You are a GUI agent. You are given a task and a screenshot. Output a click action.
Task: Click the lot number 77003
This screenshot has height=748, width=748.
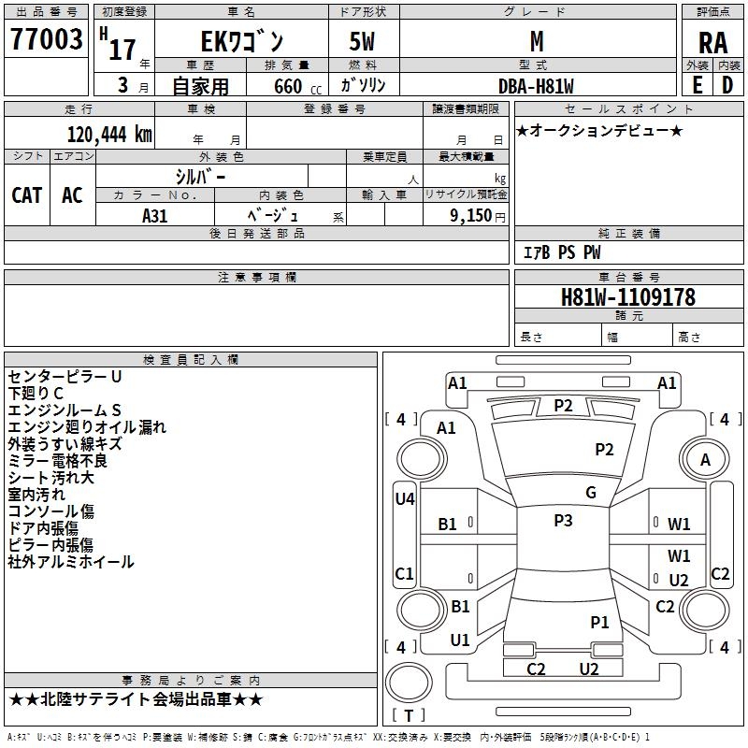[46, 39]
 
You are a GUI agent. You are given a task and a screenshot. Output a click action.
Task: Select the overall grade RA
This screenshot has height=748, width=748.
[712, 43]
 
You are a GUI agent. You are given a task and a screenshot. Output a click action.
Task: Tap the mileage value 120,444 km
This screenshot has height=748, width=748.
[109, 135]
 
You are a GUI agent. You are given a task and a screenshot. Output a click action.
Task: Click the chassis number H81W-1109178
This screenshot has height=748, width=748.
[628, 297]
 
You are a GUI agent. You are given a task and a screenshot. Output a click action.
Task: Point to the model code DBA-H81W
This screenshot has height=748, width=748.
[536, 86]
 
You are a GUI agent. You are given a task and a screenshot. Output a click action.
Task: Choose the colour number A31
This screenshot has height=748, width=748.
[154, 216]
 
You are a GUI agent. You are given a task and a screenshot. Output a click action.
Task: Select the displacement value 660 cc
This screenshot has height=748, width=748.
[297, 87]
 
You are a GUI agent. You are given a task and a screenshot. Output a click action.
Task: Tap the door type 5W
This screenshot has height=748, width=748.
[362, 41]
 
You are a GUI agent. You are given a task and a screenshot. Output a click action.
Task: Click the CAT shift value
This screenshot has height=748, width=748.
[27, 195]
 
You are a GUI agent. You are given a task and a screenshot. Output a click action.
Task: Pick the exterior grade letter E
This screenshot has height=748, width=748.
[698, 85]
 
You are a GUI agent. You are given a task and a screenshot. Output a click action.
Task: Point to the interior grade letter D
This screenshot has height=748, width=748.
[727, 85]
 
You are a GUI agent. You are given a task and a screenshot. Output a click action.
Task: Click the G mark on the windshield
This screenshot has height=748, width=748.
[591, 493]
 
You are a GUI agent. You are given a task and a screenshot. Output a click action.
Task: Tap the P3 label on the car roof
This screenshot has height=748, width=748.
[563, 521]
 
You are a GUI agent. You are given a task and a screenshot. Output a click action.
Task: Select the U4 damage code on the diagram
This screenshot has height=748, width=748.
[405, 499]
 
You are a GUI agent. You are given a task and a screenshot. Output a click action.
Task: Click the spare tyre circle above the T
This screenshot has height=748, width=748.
[409, 683]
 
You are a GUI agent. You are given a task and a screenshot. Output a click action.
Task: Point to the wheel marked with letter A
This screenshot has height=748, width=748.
[705, 460]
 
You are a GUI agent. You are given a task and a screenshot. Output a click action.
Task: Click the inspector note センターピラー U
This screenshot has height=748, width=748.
[65, 377]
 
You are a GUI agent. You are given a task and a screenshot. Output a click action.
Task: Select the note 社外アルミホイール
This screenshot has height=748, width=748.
[71, 562]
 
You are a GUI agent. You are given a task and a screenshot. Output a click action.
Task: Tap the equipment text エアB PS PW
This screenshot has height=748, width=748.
[562, 252]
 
